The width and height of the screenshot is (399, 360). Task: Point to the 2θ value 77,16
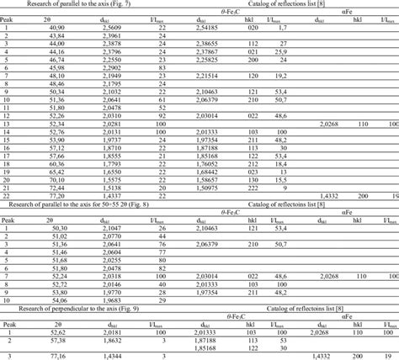(58, 356)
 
